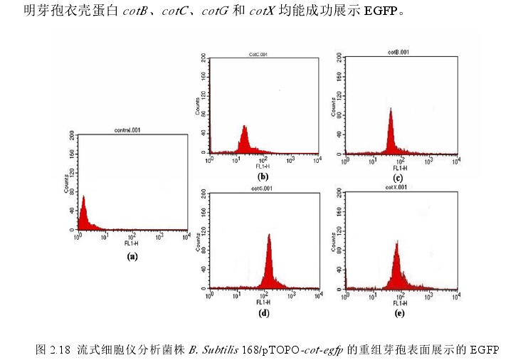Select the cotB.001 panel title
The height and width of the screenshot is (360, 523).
coord(397,52)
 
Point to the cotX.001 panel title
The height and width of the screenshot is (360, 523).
coord(396,188)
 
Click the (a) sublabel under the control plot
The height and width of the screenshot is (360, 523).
coord(132,256)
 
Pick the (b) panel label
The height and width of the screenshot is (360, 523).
coord(263,176)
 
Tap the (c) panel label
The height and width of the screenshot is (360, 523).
coord(398,178)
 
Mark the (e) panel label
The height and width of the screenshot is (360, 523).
coord(398,312)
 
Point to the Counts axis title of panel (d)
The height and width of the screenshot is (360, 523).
coord(198,240)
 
